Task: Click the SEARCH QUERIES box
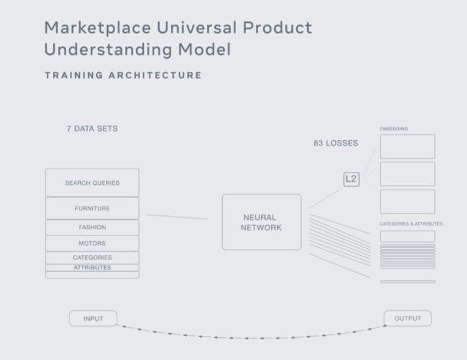point(92,183)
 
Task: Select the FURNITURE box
point(92,208)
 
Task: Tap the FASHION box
point(92,227)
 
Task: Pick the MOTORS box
point(92,243)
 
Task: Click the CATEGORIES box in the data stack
point(92,258)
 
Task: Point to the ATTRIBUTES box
point(92,268)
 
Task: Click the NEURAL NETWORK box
point(261,222)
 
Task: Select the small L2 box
point(351,179)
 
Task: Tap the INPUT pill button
point(93,318)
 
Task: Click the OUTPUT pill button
point(407,318)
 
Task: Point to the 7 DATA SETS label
point(92,128)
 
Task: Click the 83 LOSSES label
point(336,143)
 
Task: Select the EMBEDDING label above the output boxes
point(394,129)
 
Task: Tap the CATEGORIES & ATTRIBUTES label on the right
point(411,224)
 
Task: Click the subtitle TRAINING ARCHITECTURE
point(123,75)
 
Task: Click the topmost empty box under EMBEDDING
point(407,147)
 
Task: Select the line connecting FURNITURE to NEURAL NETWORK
point(177,217)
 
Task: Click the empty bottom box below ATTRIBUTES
point(92,275)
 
